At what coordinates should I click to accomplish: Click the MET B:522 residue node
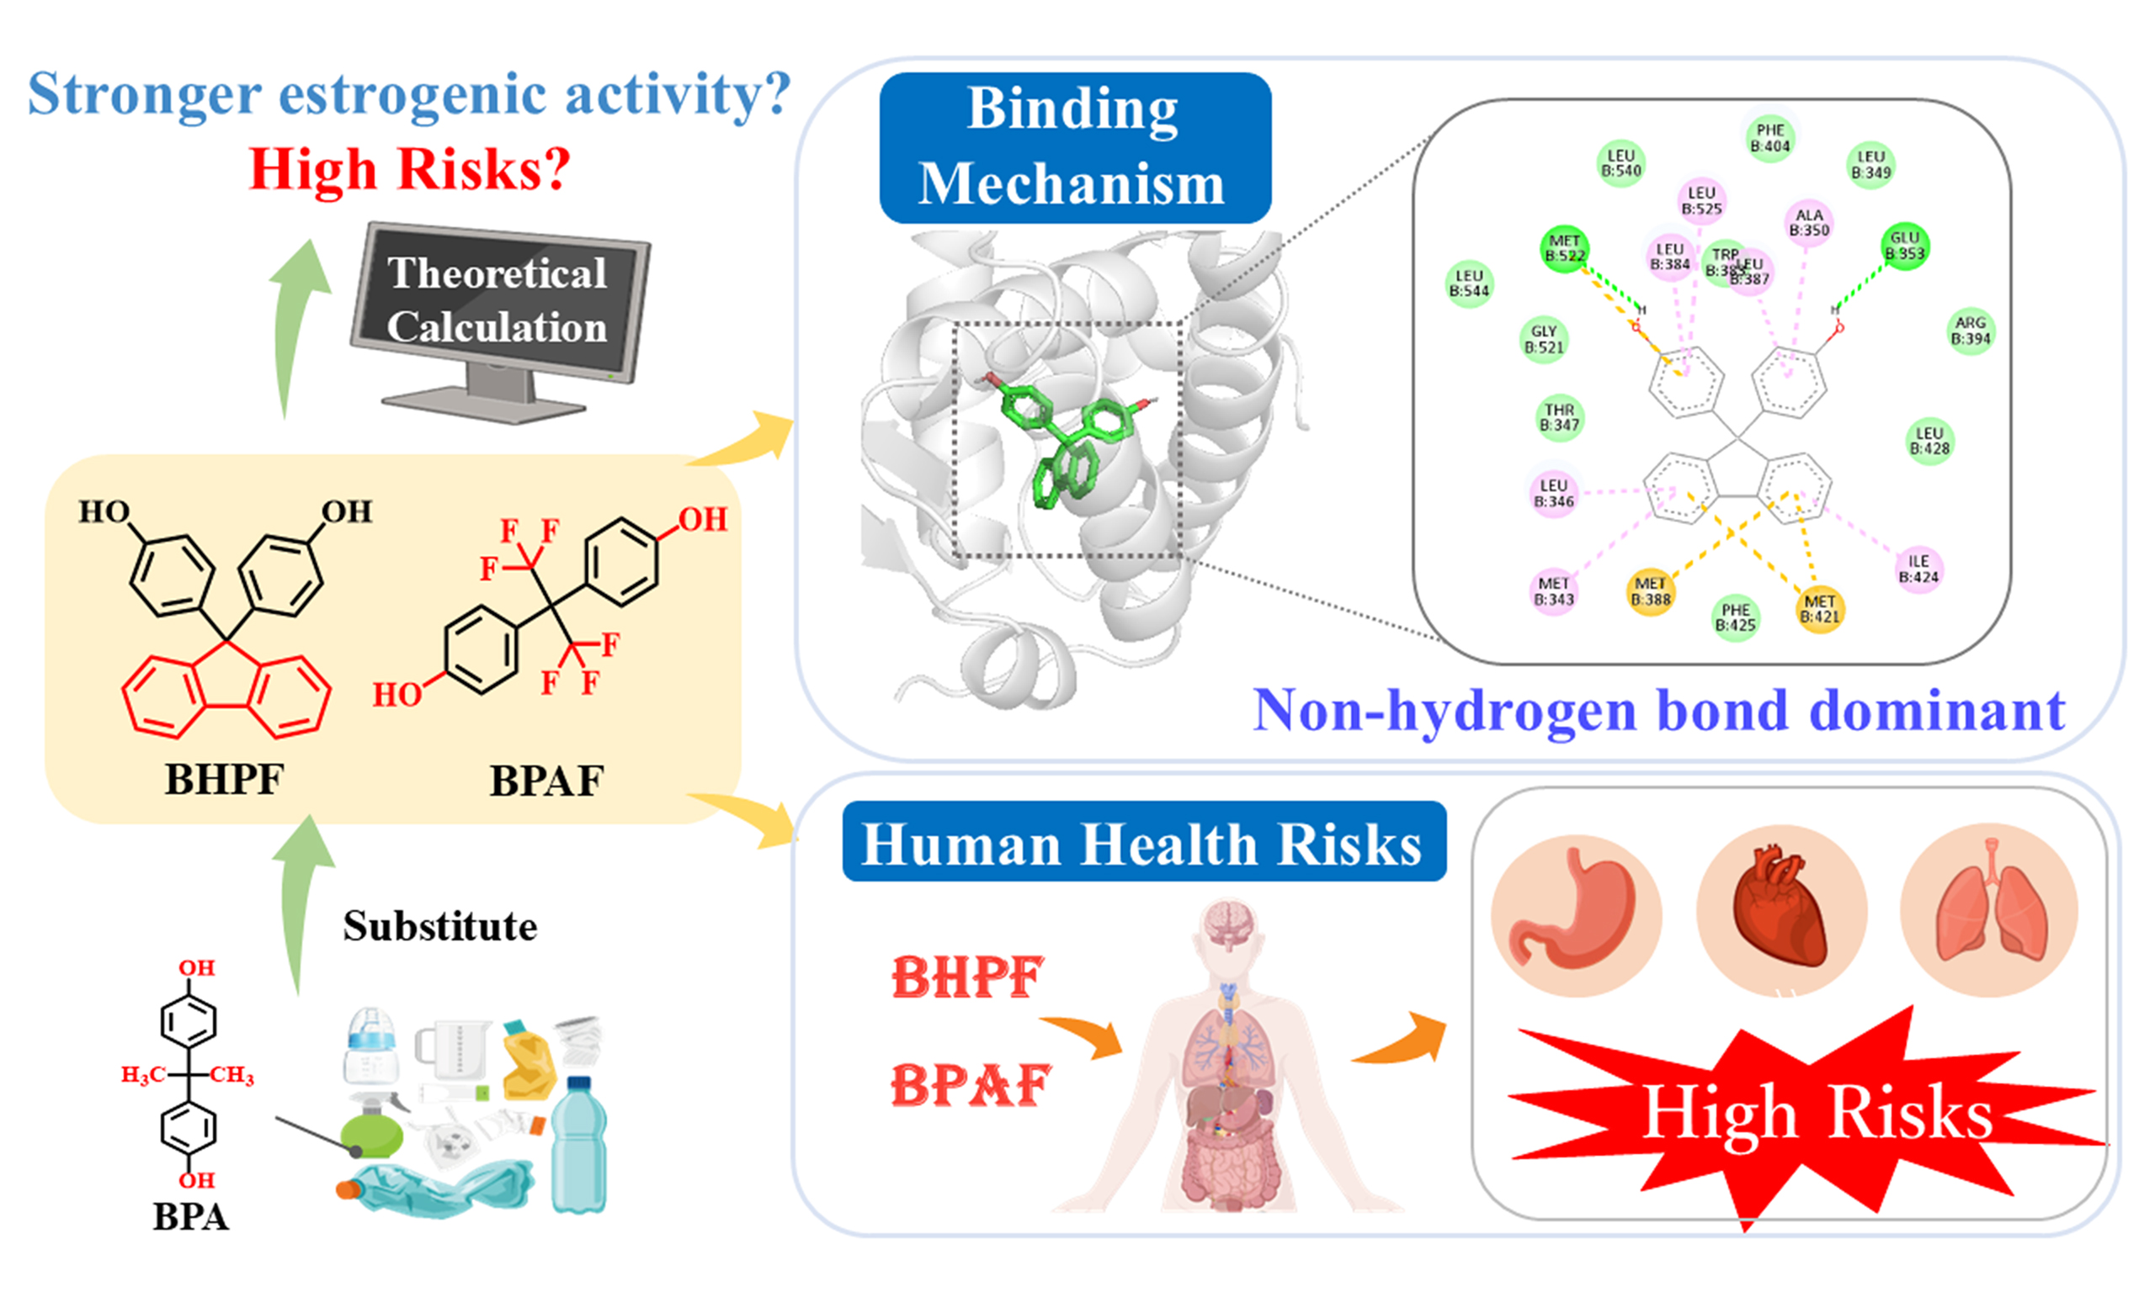[x=1564, y=248]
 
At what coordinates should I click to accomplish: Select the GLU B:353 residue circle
[x=1904, y=246]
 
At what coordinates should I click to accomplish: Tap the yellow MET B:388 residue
[x=1651, y=591]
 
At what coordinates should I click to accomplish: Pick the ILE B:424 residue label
[x=1918, y=569]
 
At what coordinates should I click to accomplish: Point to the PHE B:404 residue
[x=1770, y=138]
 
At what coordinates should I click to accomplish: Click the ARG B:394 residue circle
[x=1971, y=331]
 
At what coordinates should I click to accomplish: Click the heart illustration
[x=1780, y=911]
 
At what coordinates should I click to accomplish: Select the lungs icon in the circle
[x=1989, y=911]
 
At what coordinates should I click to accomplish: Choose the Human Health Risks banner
[x=1143, y=844]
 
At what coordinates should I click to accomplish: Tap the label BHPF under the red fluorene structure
[x=224, y=779]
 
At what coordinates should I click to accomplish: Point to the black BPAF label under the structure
[x=546, y=781]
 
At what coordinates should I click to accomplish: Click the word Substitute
[x=440, y=926]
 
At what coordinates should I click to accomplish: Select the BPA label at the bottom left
[x=191, y=1217]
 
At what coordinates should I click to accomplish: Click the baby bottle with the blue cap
[x=371, y=1048]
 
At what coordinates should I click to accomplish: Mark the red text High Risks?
[x=409, y=169]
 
